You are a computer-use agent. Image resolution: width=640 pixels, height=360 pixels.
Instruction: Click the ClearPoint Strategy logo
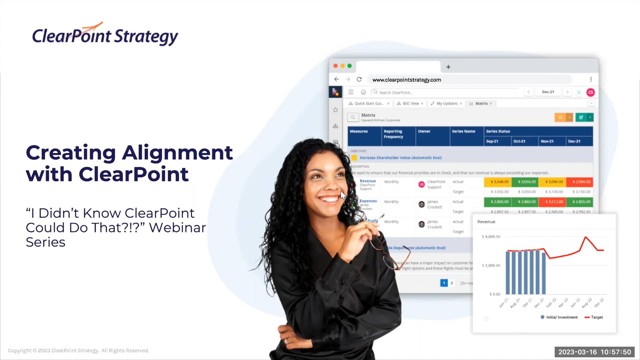click(105, 35)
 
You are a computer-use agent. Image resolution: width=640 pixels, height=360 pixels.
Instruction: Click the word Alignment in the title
click(177, 153)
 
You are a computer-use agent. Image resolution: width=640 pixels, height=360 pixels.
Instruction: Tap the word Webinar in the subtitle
click(177, 228)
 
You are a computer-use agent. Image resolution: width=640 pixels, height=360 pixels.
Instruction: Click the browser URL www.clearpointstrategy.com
click(407, 80)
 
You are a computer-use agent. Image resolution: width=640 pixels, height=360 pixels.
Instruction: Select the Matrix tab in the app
click(481, 103)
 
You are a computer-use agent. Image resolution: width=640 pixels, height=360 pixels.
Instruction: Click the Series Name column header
click(463, 131)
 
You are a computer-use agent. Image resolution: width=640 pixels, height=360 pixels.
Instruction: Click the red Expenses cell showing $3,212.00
click(554, 202)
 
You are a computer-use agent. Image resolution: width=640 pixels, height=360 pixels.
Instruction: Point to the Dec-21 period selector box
click(548, 92)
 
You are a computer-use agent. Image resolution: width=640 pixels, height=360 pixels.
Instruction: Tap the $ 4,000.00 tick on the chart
click(491, 237)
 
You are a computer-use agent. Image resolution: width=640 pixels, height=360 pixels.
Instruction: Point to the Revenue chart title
click(486, 222)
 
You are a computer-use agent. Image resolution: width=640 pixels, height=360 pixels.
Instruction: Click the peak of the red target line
click(586, 237)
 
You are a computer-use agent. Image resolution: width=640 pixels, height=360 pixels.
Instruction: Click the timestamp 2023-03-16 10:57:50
click(594, 352)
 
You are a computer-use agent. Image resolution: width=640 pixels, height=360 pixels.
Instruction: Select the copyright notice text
click(78, 351)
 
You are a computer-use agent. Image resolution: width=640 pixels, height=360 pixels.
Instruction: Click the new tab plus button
click(448, 67)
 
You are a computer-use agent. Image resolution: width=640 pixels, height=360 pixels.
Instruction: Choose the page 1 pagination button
click(444, 283)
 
